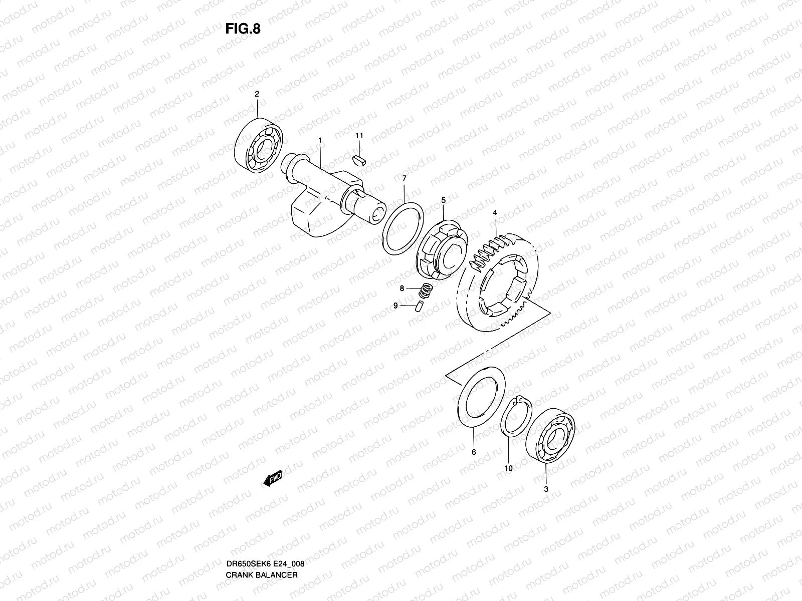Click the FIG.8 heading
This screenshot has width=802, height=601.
point(243,29)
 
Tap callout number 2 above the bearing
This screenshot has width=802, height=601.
point(257,94)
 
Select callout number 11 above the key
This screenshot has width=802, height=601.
point(359,136)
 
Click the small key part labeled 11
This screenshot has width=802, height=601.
point(359,161)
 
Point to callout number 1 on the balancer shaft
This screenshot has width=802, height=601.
point(320,141)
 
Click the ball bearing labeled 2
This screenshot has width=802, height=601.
point(258,145)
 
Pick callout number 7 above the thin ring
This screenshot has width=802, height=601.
point(404,178)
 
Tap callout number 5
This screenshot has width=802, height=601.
point(443,200)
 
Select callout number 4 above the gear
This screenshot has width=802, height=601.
point(495,212)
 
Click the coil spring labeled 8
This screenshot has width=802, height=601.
point(426,290)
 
